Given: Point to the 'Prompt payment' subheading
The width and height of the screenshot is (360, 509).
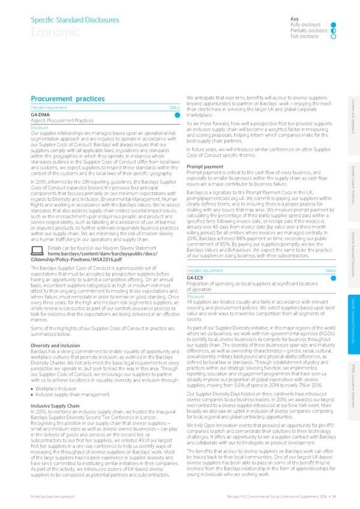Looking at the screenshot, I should click(205, 149).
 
